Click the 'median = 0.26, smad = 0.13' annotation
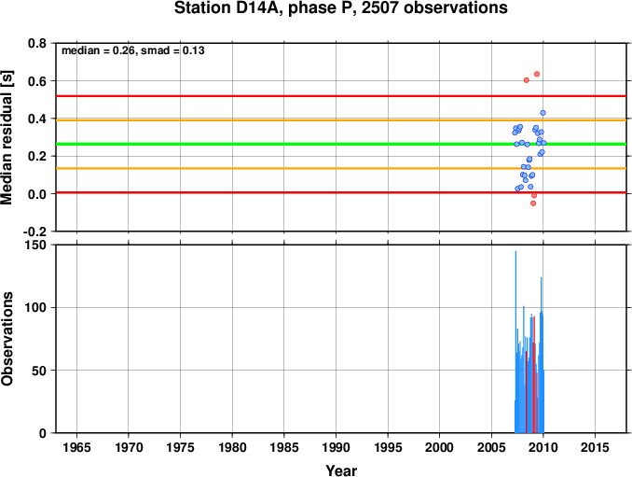tap(133, 50)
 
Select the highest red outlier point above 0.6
tap(537, 74)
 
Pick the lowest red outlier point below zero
tap(533, 203)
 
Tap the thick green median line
tap(341, 144)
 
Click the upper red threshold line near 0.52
tap(341, 96)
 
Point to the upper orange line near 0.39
tap(341, 120)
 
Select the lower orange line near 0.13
tap(341, 168)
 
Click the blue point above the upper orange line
tap(543, 113)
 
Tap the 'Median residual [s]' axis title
tap(7, 137)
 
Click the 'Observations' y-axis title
tap(7, 339)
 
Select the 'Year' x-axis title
tap(341, 470)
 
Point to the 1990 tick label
tap(337, 447)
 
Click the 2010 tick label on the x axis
tap(543, 447)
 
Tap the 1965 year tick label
tap(76, 447)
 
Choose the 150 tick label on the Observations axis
tap(35, 245)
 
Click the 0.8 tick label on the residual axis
tap(37, 43)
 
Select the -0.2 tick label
tap(35, 231)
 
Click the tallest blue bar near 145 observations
tap(515, 342)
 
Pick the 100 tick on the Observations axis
tap(35, 307)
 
